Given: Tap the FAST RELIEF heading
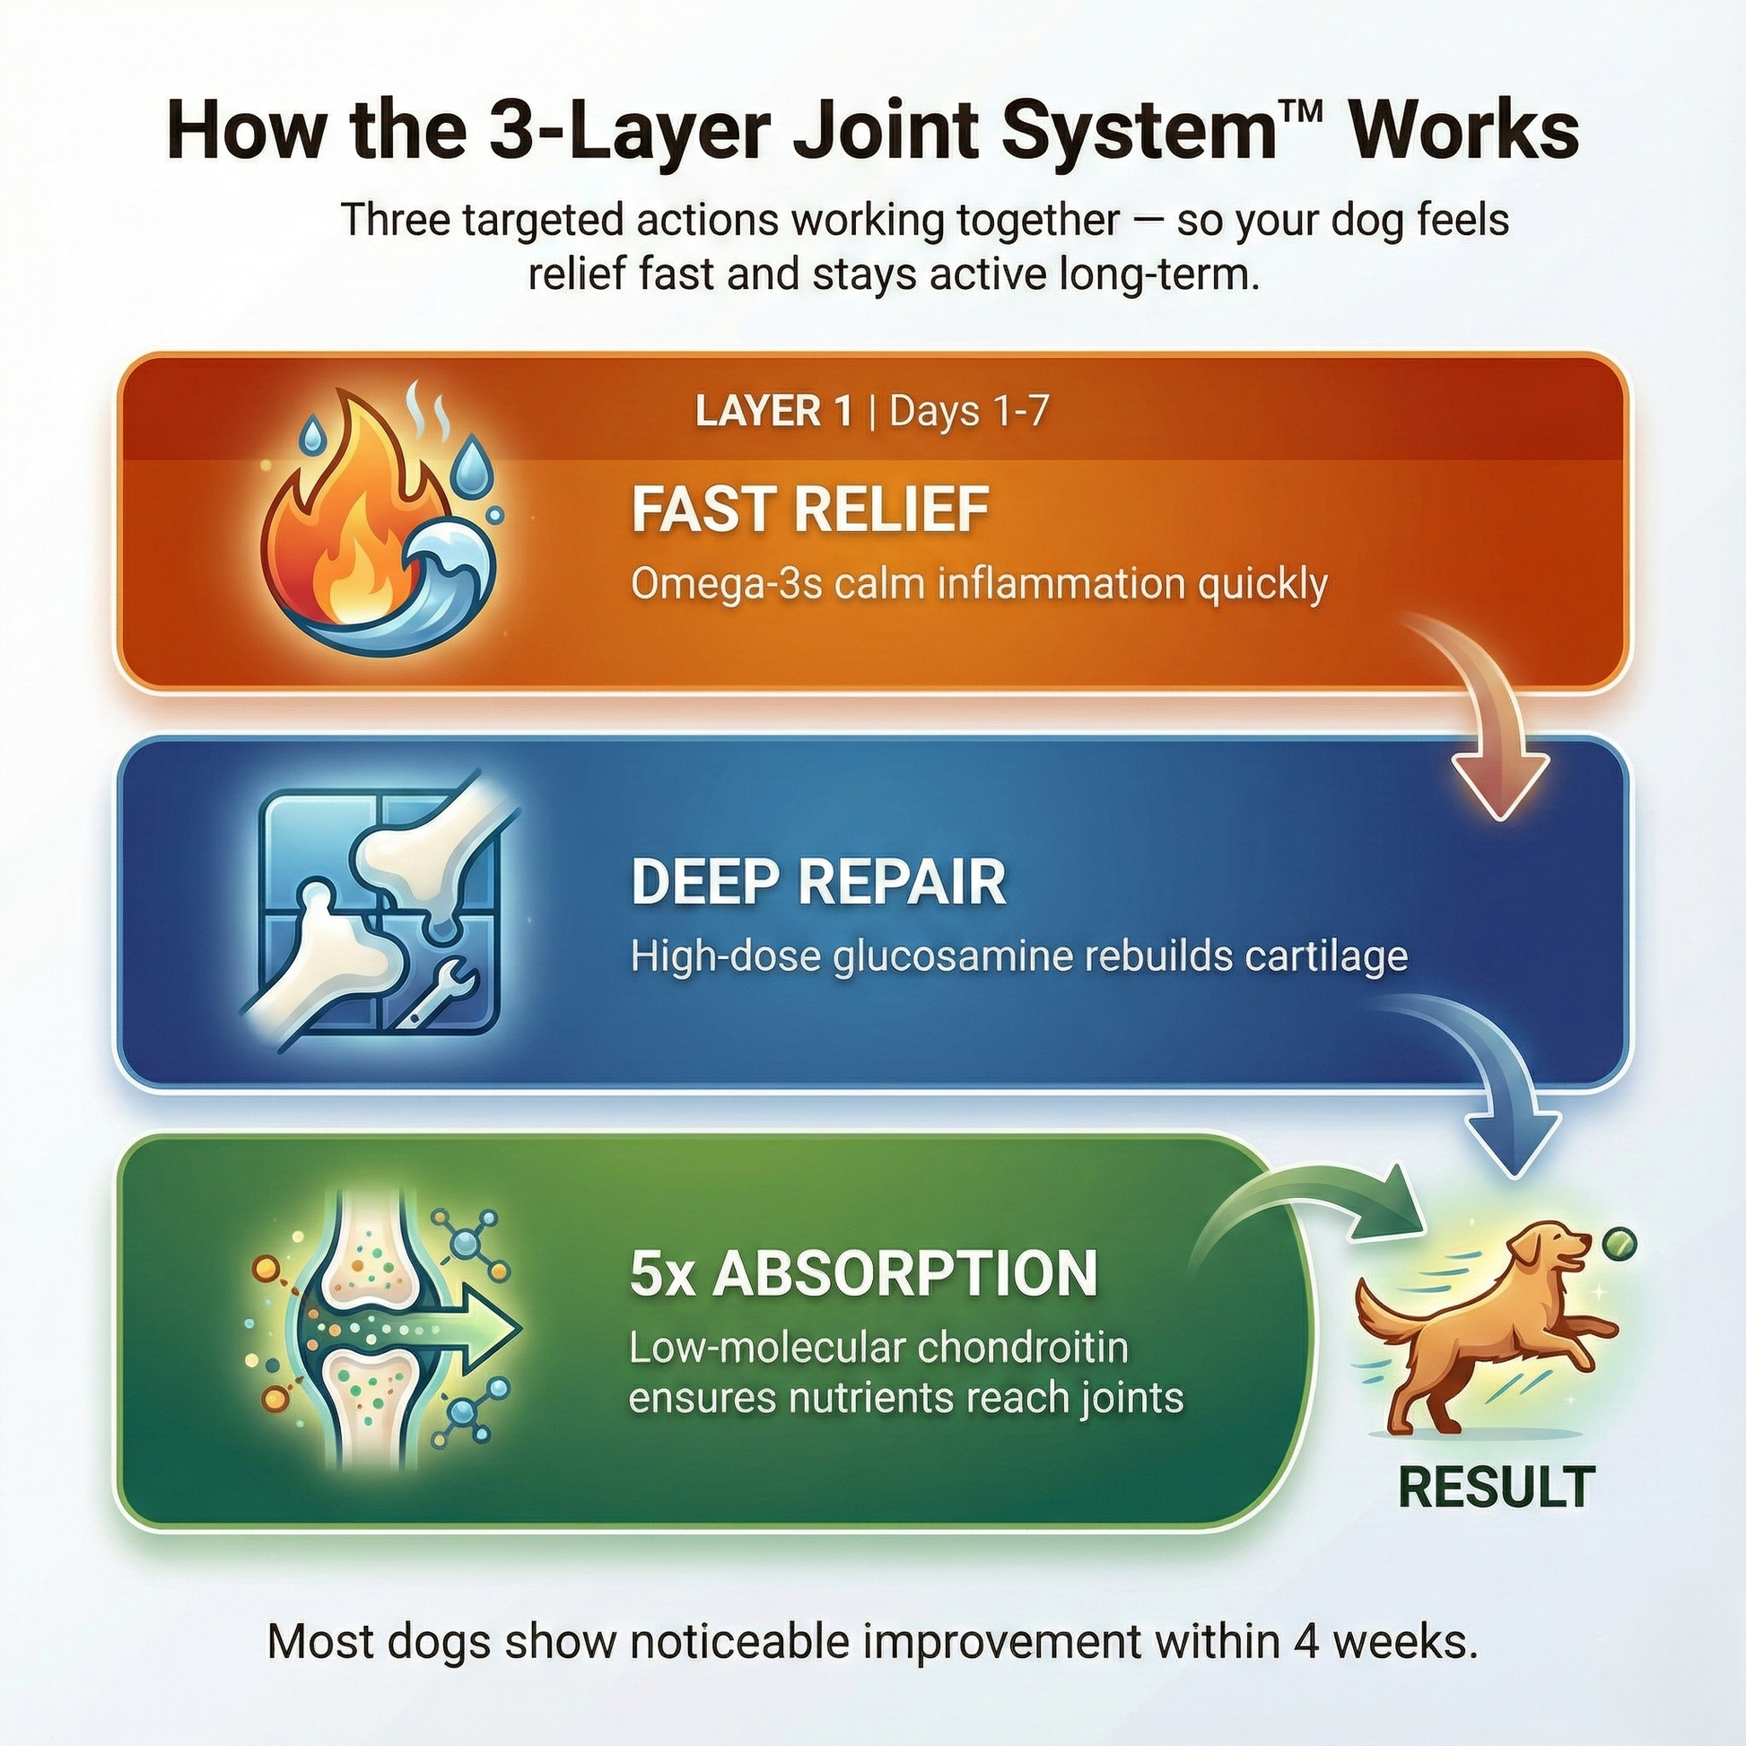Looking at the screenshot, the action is coord(809,509).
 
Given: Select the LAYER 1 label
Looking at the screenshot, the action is coord(773,412).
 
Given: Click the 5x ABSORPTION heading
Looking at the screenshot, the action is coord(864,1273).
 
